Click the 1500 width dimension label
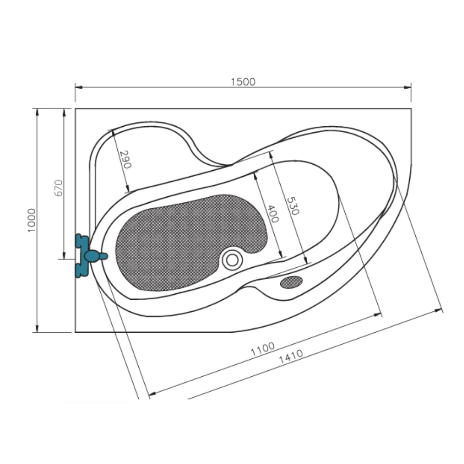pyautogui.click(x=243, y=82)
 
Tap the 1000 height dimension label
pyautogui.click(x=32, y=220)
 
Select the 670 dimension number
pyautogui.click(x=58, y=188)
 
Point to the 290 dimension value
pyautogui.click(x=125, y=159)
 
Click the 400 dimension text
pyautogui.click(x=273, y=213)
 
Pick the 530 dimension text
pyautogui.click(x=293, y=206)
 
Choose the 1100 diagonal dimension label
pyautogui.click(x=263, y=349)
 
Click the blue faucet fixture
pyautogui.click(x=90, y=256)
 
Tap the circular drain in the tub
pyautogui.click(x=232, y=260)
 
